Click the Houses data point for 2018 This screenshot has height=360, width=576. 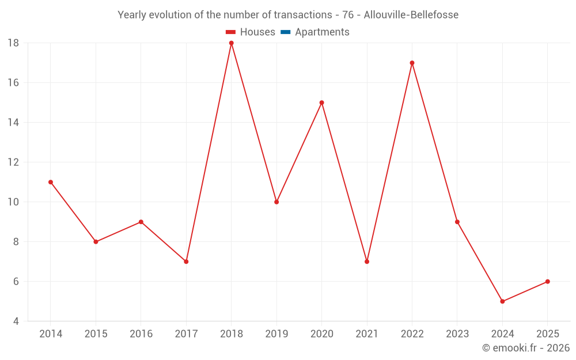[232, 43]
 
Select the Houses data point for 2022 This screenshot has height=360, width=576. [412, 63]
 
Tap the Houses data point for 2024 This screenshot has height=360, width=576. [502, 301]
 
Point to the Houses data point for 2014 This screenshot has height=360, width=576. [51, 182]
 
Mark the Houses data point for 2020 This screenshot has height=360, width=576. [321, 103]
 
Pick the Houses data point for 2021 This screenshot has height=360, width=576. [367, 262]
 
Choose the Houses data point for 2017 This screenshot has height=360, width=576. [186, 262]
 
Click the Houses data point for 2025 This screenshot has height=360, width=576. [547, 282]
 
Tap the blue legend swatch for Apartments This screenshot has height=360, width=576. [286, 32]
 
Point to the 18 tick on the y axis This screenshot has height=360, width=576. [13, 43]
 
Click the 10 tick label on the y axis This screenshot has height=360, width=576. [13, 202]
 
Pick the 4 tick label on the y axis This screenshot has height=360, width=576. [16, 321]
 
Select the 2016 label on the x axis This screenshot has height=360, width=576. [141, 334]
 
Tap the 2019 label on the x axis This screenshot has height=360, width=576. [276, 334]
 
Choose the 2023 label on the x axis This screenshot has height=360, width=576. [457, 334]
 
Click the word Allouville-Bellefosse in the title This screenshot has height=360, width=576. [411, 15]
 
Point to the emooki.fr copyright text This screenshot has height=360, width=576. [526, 348]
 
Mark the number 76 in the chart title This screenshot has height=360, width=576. [348, 15]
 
